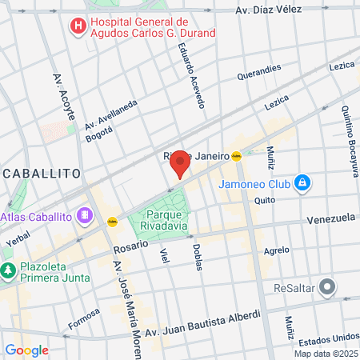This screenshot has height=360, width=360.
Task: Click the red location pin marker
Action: (x=180, y=162)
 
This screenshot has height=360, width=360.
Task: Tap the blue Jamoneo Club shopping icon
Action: (x=302, y=184)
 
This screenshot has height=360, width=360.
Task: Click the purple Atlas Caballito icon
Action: (x=85, y=216)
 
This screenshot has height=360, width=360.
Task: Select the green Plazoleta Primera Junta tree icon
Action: (x=8, y=271)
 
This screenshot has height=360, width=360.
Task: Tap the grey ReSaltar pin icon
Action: (x=326, y=286)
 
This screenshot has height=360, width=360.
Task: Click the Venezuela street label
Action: (x=330, y=218)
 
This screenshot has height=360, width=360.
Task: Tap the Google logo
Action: (x=26, y=350)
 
